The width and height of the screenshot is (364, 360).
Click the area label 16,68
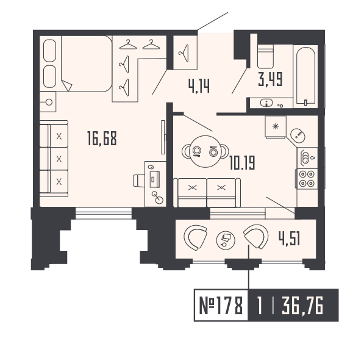pyautogui.click(x=101, y=139)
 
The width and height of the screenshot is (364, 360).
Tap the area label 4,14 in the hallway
pyautogui.click(x=199, y=85)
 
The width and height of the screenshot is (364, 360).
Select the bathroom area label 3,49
pyautogui.click(x=271, y=79)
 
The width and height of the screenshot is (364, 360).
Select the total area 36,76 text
pyautogui.click(x=302, y=304)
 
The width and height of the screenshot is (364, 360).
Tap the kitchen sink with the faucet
pyautogui.click(x=307, y=158)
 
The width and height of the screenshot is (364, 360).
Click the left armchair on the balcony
pyautogui.click(x=196, y=237)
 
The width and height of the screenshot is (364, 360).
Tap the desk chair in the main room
pyautogui.click(x=139, y=181)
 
